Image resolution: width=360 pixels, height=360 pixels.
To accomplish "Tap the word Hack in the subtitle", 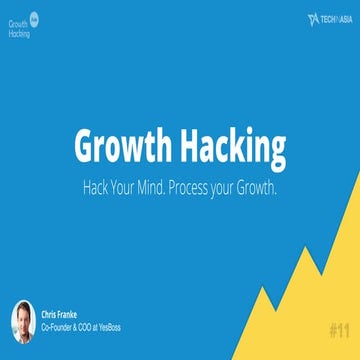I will click(x=98, y=187).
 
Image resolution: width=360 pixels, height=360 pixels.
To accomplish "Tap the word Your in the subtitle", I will click(x=127, y=187).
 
